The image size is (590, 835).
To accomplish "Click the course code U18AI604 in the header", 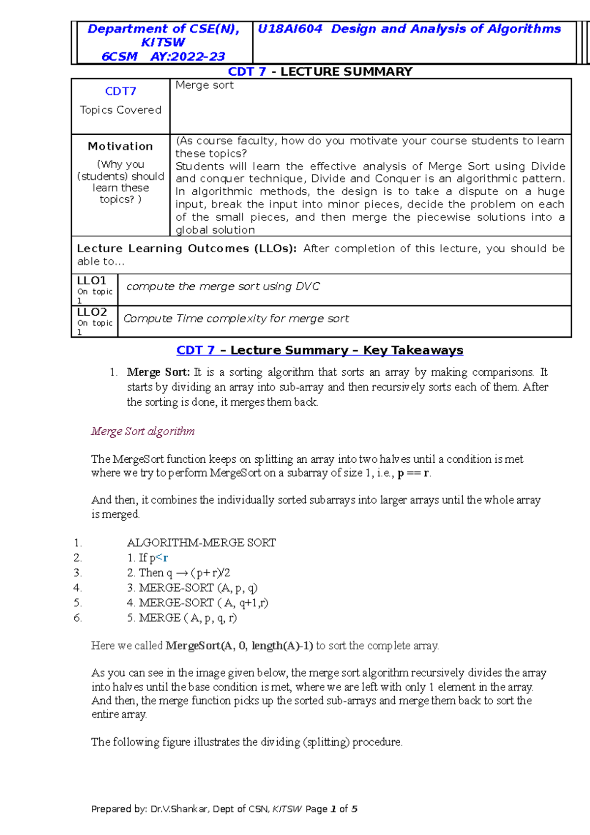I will (x=290, y=29).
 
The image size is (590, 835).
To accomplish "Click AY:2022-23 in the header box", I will (x=188, y=57).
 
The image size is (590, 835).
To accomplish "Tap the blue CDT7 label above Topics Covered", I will (x=120, y=91).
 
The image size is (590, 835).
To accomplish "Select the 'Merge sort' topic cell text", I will (x=205, y=85).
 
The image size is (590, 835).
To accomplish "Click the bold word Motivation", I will (x=120, y=146).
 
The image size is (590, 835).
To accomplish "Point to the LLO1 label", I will (x=92, y=280).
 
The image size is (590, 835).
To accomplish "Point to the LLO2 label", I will (x=92, y=312).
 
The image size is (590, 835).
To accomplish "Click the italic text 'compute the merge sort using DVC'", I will (x=223, y=286).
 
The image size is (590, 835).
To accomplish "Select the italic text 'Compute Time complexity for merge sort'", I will (x=236, y=318).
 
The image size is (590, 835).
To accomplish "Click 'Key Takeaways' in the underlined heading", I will (x=413, y=350).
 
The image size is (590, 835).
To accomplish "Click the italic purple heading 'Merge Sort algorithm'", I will (x=143, y=431).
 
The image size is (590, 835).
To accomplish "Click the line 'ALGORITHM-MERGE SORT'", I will (x=201, y=542).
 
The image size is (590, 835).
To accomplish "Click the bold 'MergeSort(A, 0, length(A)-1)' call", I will (x=239, y=646).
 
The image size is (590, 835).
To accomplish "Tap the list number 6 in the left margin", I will (x=77, y=618).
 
